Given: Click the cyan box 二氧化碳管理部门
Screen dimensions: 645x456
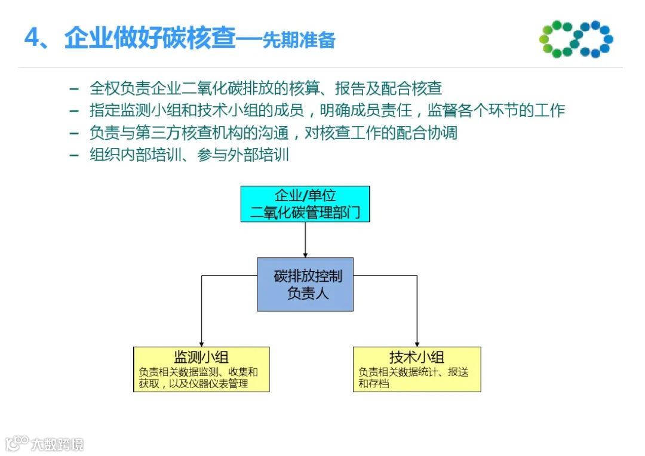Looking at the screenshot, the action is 305,204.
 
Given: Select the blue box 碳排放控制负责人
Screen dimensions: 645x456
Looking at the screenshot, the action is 305,284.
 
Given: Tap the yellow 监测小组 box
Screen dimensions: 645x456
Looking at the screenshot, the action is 201,369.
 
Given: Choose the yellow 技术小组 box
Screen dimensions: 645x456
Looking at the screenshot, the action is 416,369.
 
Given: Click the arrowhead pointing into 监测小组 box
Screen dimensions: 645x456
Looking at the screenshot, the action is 201,343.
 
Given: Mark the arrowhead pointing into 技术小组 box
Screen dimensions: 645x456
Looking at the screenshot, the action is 416,343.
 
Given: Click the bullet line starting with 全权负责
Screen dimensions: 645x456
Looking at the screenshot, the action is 265,88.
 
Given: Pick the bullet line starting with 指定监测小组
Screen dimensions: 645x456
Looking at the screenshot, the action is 327,110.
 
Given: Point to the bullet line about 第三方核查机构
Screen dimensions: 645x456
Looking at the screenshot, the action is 273,133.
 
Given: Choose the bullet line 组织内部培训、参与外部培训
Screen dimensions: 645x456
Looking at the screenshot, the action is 189,155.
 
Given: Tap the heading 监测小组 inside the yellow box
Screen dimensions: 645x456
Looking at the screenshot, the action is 201,358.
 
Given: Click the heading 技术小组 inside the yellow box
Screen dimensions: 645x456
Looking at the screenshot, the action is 416,358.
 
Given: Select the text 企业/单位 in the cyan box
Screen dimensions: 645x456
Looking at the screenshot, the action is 305,195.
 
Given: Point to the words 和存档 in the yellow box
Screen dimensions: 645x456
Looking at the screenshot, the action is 373,384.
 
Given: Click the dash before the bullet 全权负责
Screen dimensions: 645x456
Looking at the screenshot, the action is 74,89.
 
